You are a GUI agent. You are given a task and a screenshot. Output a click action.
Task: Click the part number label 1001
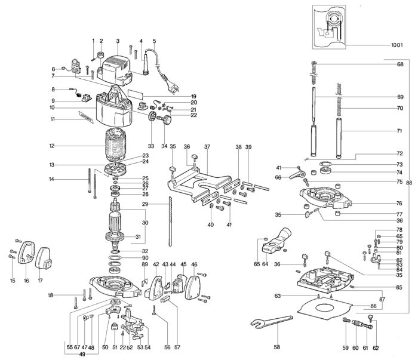(397, 45)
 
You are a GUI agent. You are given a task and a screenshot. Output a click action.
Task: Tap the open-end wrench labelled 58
(272, 321)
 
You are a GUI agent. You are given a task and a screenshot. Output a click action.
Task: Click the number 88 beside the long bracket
(409, 183)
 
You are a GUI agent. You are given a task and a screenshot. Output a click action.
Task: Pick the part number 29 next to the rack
(145, 204)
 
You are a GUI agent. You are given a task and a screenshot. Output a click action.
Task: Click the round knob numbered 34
(165, 120)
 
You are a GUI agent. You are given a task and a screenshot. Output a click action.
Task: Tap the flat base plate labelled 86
(325, 307)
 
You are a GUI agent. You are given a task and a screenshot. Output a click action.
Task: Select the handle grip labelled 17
(44, 258)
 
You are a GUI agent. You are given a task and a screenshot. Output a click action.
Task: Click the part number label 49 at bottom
(82, 354)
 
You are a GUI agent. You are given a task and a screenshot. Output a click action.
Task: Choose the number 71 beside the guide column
(399, 131)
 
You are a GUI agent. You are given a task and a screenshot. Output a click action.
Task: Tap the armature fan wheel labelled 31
(115, 236)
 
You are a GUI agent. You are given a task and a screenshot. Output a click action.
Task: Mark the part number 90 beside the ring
(145, 258)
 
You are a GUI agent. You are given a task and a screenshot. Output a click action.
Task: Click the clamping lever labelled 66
(297, 176)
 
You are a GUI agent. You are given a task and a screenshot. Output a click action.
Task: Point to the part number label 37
(207, 147)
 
